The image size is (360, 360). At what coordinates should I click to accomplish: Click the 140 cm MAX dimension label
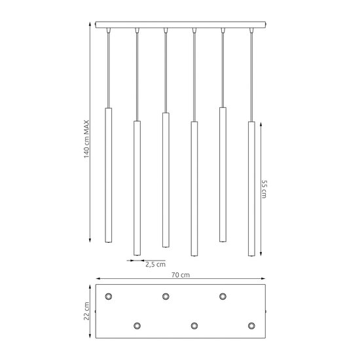pos(86,139)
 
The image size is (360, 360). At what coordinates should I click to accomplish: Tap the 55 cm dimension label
pos(264,189)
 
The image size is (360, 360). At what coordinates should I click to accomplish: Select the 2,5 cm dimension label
pos(155,264)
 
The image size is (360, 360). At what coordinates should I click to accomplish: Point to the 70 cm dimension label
pos(181,275)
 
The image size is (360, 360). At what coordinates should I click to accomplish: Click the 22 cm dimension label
pos(86,311)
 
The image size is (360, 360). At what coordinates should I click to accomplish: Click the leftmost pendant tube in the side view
pos(109,175)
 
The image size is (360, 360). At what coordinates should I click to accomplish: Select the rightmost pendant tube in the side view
pos(251,189)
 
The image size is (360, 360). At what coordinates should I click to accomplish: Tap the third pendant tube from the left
pos(166,180)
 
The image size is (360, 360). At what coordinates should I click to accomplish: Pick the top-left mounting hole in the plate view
pos(109,296)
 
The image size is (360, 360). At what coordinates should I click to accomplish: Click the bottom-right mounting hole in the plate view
pos(251,325)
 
